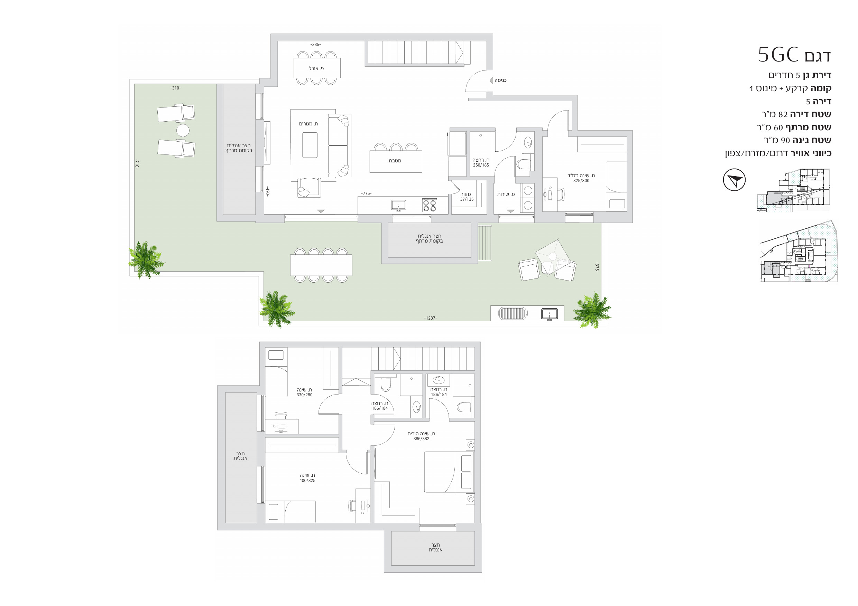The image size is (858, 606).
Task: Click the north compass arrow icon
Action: [734, 180]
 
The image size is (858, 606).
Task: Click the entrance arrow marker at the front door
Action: [491, 80]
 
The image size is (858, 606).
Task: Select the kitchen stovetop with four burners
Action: [430, 205]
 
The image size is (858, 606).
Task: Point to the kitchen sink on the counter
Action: [399, 205]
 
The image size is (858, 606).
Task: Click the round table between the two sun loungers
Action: [183, 130]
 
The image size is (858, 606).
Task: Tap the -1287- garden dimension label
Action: [430, 318]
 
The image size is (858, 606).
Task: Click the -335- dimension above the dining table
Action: [315, 45]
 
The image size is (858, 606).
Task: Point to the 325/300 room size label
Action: [581, 181]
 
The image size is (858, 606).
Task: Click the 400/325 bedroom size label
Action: [307, 481]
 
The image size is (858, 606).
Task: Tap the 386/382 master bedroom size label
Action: [421, 439]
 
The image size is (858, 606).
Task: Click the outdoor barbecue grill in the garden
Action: [513, 313]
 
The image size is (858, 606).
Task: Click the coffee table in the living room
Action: [310, 145]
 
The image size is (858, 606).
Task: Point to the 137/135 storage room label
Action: [465, 199]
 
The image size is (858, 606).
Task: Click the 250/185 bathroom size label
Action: [481, 165]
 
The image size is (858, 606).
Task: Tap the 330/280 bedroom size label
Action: [305, 395]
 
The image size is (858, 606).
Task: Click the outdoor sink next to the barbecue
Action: [549, 314]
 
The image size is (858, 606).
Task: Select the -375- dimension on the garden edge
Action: [597, 267]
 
